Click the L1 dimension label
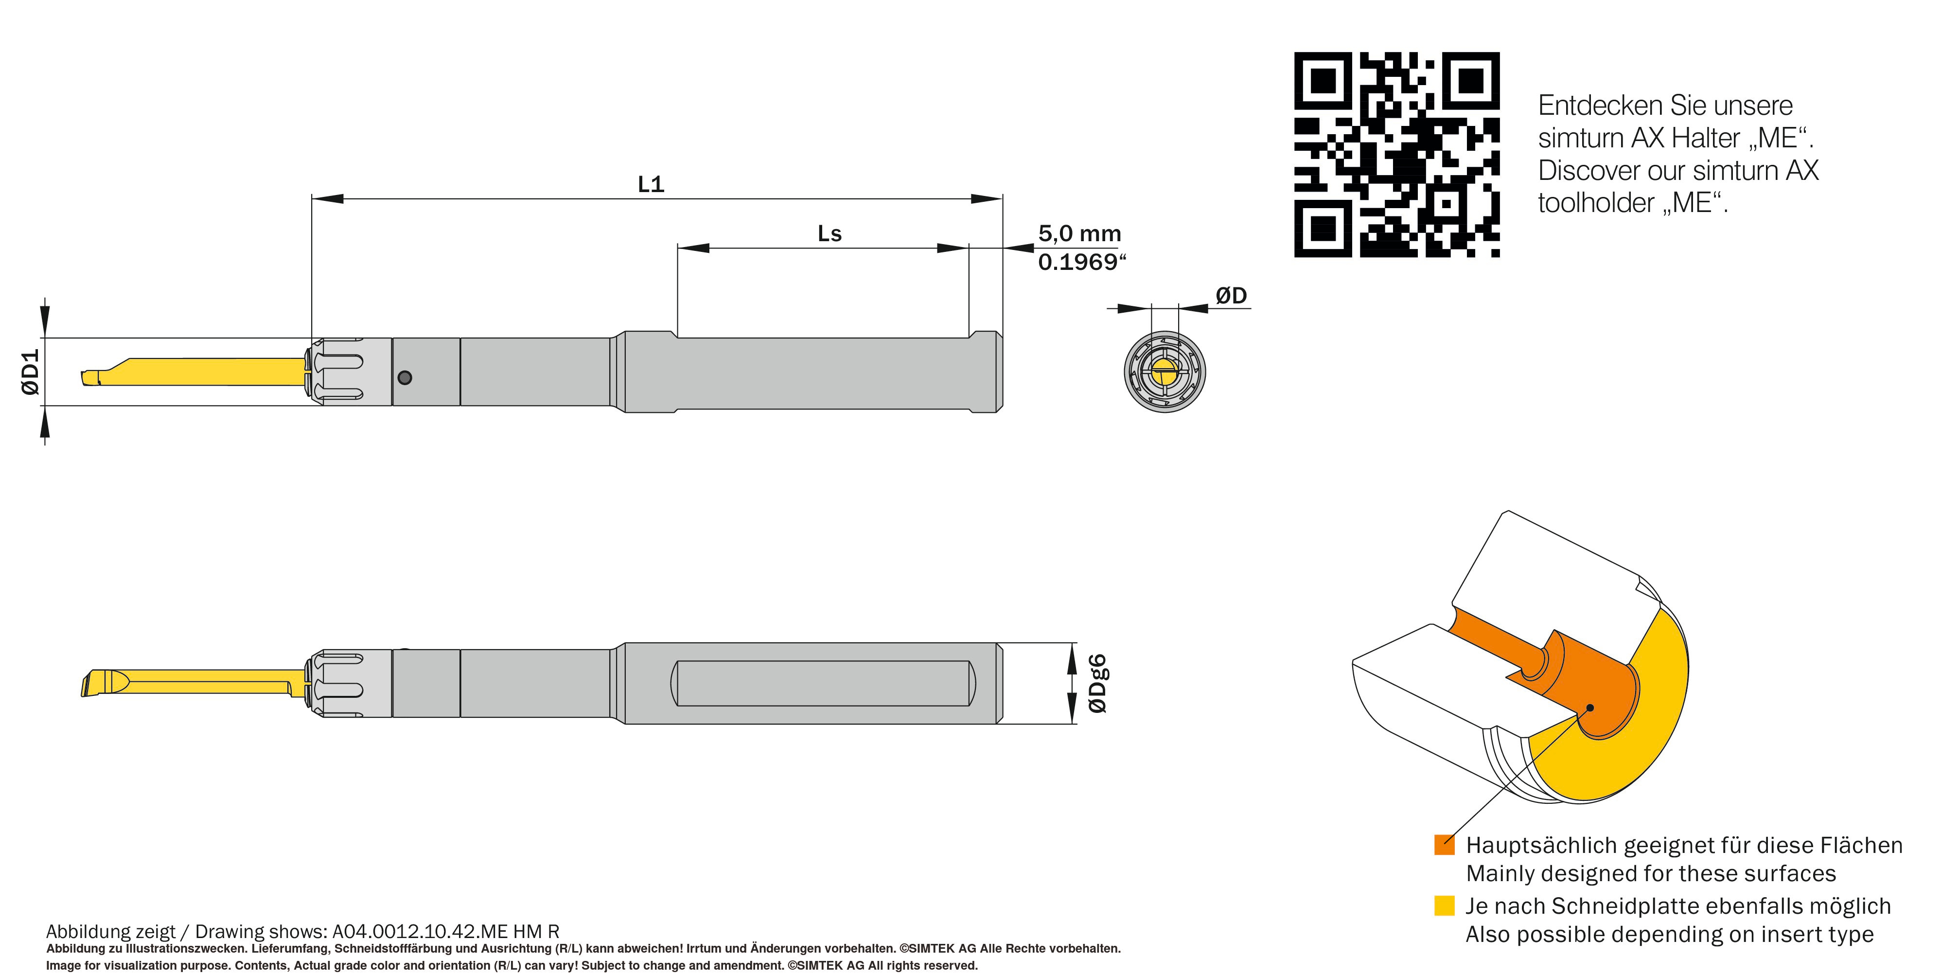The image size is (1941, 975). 651,184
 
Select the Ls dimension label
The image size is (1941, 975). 829,233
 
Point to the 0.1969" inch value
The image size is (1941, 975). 1081,262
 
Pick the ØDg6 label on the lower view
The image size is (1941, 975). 1098,683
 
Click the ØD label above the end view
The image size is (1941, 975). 1231,295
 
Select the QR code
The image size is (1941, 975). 1397,155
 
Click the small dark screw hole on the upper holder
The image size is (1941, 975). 405,377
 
